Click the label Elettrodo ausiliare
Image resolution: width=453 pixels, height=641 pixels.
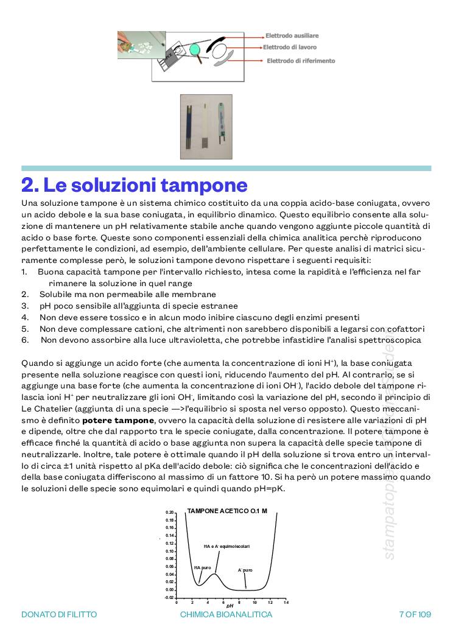click(292, 36)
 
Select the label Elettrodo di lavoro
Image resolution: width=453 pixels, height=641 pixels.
click(289, 47)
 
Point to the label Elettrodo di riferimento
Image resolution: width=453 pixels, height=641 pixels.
click(301, 61)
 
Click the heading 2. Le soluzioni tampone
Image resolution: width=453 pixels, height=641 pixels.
click(134, 184)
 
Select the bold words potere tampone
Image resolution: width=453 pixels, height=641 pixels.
click(118, 420)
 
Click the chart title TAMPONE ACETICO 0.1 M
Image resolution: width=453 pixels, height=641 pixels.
click(227, 511)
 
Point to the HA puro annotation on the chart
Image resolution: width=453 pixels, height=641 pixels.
click(202, 567)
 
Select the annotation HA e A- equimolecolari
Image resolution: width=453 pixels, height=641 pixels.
click(226, 546)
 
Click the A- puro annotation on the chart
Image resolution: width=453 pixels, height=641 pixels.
click(245, 570)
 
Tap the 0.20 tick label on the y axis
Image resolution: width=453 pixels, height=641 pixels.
click(170, 513)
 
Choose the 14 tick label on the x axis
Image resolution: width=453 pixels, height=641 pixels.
click(286, 602)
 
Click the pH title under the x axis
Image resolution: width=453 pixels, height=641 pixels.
click(230, 606)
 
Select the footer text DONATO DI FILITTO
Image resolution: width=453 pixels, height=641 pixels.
click(59, 614)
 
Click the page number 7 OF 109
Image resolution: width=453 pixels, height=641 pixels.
click(415, 614)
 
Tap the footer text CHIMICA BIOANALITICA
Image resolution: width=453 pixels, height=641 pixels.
click(226, 614)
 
